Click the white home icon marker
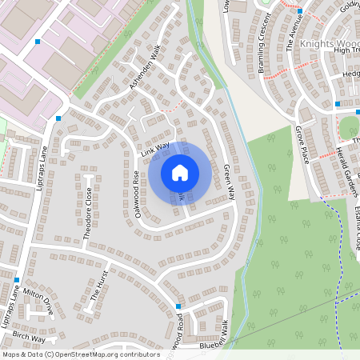[180, 172]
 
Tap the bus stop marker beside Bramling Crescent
[299, 11]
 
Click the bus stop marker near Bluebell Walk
[178, 306]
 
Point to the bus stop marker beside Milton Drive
[16, 280]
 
